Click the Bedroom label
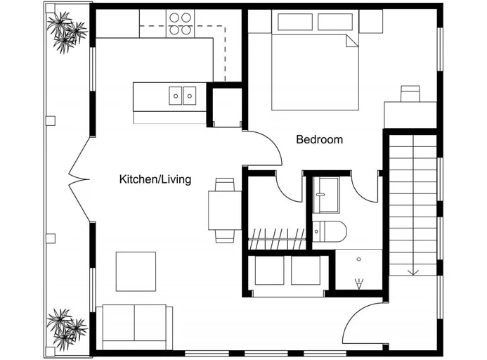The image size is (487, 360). pos(319,139)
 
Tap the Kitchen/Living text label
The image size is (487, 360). pos(155,179)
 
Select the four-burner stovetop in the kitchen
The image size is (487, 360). pos(180,24)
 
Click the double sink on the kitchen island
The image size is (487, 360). pos(182,96)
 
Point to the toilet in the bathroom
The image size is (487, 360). pos(330,231)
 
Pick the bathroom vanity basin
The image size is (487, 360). pos(326,195)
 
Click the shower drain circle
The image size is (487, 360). pos(359,259)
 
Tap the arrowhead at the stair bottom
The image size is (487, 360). pos(413,272)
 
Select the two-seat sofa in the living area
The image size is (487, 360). pos(134,327)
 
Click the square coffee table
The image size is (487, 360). pos(136,271)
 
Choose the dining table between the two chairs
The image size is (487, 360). pos(225,210)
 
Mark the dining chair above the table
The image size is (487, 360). pos(225,185)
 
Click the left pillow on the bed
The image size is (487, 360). pos(295,22)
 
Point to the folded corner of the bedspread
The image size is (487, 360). pos(352,41)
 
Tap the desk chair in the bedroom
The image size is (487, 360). pos(410,94)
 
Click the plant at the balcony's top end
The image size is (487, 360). pos(67,32)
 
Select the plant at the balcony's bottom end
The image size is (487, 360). pos(67,329)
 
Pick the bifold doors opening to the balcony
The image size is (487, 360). pos(79,179)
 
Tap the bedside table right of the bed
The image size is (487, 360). pos(371,21)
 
